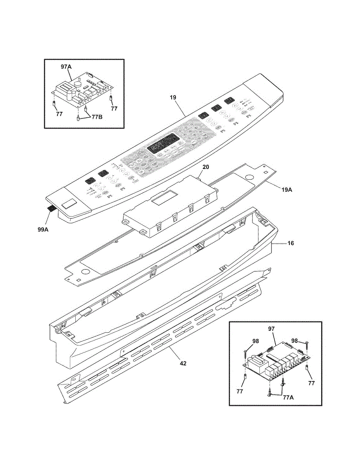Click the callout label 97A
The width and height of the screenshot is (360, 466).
66,67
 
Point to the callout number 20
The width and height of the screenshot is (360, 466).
206,167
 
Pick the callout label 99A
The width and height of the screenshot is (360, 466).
43,230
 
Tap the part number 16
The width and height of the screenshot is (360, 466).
290,243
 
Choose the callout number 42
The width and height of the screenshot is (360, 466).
183,363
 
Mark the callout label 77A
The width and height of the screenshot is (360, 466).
288,397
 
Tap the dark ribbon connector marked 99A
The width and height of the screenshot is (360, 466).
51,209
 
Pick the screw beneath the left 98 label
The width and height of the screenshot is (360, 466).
245,353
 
